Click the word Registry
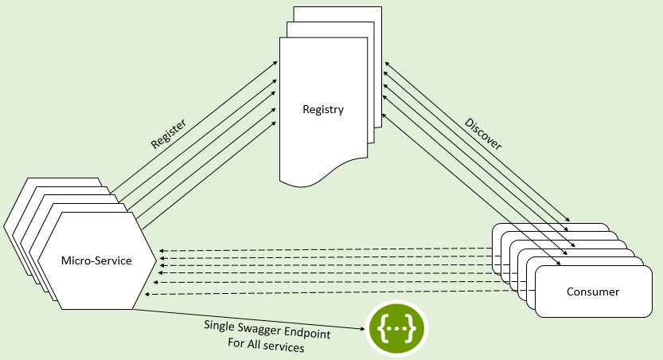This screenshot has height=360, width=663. point(323,109)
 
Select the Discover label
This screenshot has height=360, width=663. point(483,133)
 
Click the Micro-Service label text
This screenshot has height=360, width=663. point(97,260)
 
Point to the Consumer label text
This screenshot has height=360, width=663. point(592,292)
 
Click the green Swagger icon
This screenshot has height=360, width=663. point(396,329)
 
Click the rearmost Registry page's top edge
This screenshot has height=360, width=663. point(337,7)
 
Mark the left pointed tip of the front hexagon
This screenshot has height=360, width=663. point(39,260)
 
